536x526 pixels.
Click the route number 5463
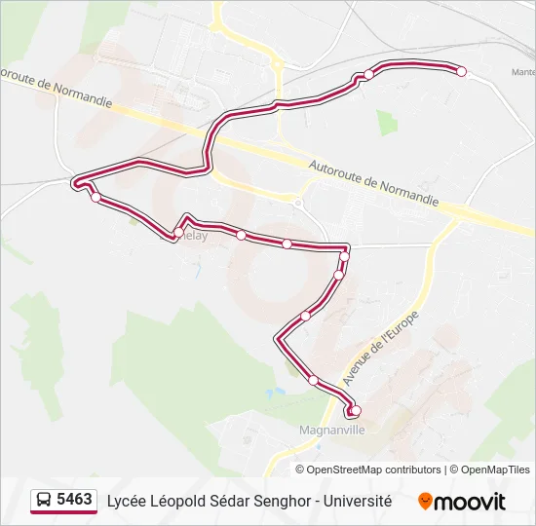pos(75,500)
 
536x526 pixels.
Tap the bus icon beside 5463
pos(45,501)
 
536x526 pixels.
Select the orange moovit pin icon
pos(425,502)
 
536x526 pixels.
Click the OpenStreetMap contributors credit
pos(374,470)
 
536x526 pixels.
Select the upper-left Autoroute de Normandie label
pos(57,89)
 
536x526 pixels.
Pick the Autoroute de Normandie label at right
pos(374,183)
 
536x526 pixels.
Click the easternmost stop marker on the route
pos(462,71)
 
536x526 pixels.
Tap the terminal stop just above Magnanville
pos(356,410)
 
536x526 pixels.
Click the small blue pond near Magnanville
pos(280,394)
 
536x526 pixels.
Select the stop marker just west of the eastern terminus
pos(369,75)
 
